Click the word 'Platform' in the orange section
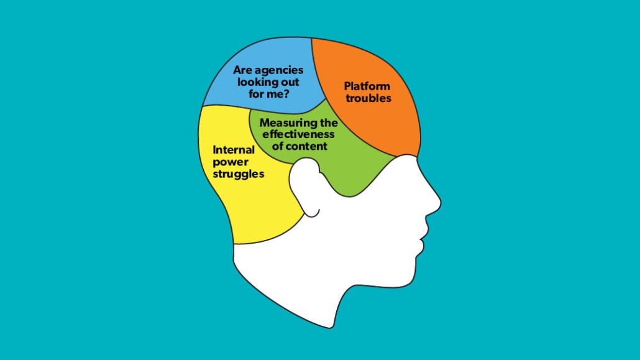tap(367, 86)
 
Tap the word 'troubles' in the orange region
tap(368, 98)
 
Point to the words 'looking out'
tap(268, 82)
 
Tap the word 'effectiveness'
tap(298, 134)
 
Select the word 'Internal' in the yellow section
tap(234, 150)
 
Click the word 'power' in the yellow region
tap(231, 162)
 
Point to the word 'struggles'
tap(239, 173)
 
